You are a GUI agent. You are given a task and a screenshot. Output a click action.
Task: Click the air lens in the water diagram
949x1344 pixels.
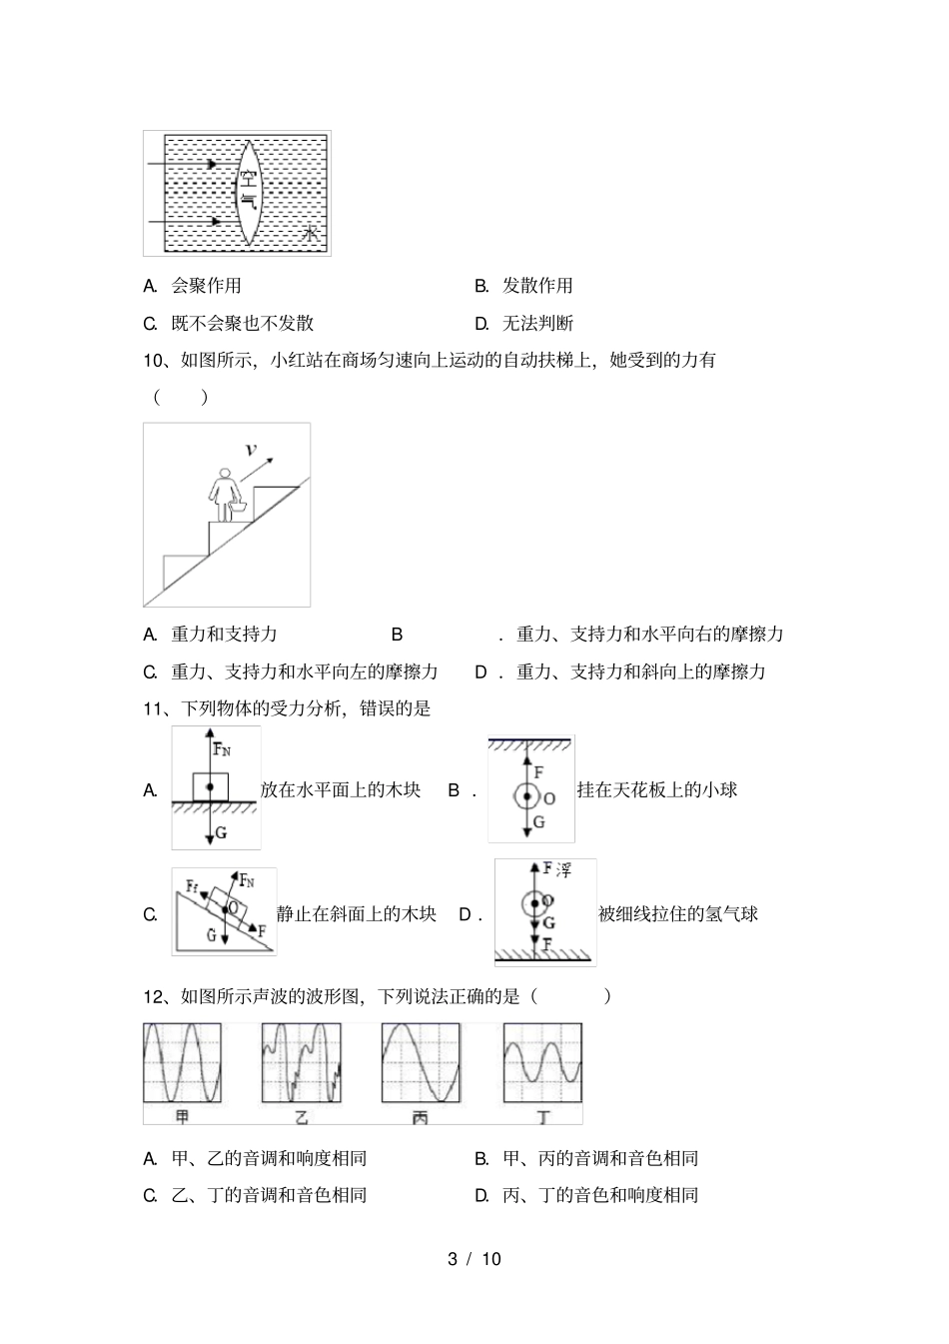click(248, 191)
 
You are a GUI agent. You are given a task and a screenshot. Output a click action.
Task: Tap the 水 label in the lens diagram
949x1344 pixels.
click(311, 234)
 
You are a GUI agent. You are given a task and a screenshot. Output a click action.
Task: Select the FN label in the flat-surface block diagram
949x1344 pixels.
click(222, 748)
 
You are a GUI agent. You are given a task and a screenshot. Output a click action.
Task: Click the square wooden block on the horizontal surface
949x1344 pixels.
click(210, 787)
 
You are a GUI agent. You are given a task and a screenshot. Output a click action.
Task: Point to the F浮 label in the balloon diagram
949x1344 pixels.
click(556, 870)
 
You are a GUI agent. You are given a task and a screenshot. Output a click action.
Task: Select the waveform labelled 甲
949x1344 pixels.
click(182, 1061)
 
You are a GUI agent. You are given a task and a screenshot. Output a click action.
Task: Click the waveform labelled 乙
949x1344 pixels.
click(301, 1061)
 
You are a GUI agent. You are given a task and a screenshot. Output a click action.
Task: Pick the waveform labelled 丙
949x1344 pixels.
click(420, 1061)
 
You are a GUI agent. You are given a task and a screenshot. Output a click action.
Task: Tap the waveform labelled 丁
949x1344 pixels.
click(541, 1061)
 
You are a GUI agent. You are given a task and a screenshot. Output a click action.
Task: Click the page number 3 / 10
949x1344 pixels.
click(474, 1259)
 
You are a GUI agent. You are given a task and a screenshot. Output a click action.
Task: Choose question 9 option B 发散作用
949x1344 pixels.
click(536, 286)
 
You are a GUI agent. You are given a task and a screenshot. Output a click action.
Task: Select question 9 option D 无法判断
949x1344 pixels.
click(536, 323)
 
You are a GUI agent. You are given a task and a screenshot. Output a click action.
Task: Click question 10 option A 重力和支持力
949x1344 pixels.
click(224, 634)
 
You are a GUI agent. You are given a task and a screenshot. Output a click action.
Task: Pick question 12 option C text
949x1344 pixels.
click(269, 1195)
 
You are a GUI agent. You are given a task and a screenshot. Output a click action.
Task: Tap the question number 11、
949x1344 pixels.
click(160, 708)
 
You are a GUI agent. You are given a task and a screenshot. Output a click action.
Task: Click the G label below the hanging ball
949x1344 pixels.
click(538, 822)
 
